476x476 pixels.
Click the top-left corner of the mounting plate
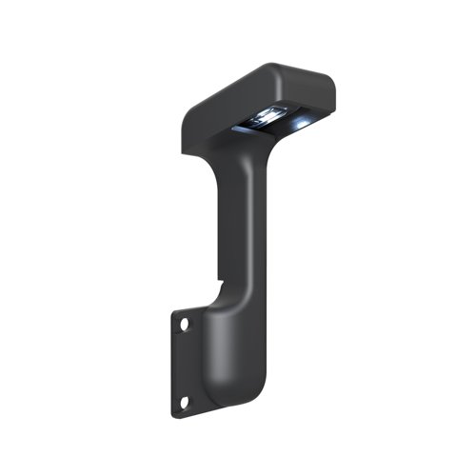pos(175,309)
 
